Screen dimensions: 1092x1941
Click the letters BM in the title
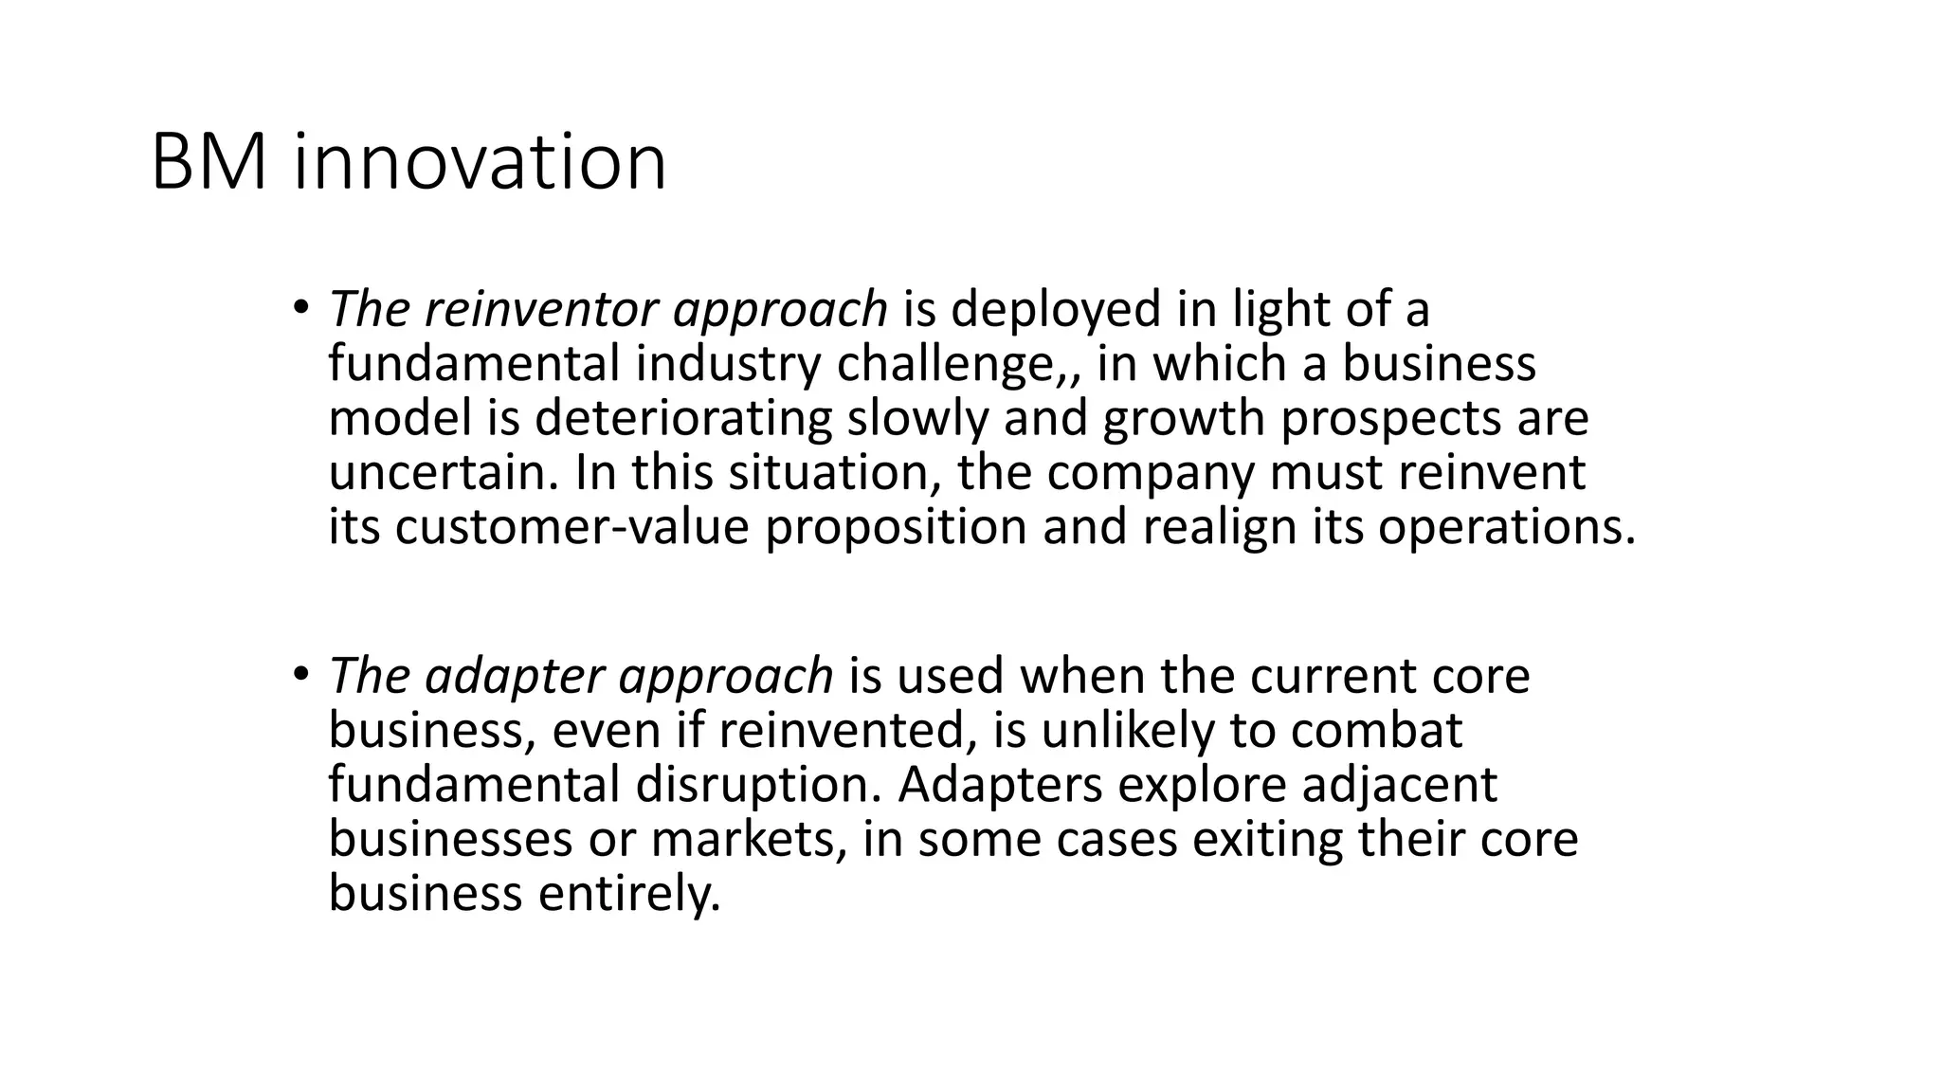tap(209, 163)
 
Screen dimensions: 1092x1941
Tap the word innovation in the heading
tap(480, 163)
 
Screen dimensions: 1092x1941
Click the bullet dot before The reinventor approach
tap(300, 306)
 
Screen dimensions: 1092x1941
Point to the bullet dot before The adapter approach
tap(300, 673)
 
